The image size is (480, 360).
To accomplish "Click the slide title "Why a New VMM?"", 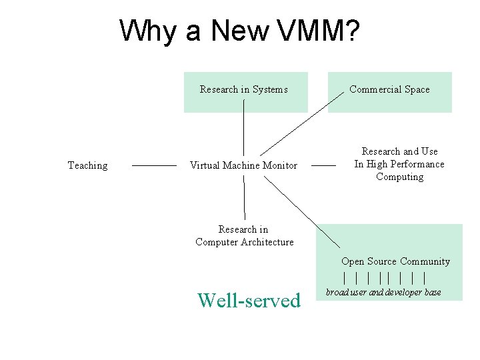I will pyautogui.click(x=240, y=31).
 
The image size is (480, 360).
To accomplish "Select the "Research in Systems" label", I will pyautogui.click(x=243, y=89).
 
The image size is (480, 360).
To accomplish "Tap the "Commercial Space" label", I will pyautogui.click(x=389, y=89).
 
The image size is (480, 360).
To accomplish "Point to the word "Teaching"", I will pyautogui.click(x=87, y=165).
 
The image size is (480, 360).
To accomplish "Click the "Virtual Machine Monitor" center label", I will pyautogui.click(x=243, y=165).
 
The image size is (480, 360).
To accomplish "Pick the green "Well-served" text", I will pyautogui.click(x=249, y=301).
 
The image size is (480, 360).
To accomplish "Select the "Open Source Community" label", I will pyautogui.click(x=395, y=261).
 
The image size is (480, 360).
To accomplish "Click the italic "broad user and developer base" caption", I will pyautogui.click(x=383, y=292).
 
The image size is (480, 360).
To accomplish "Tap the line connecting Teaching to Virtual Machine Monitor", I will pyautogui.click(x=154, y=165).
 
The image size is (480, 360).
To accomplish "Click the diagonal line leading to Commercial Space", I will pyautogui.click(x=300, y=126).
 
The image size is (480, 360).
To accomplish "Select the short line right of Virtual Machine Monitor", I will pyautogui.click(x=323, y=165).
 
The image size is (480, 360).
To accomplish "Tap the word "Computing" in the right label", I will pyautogui.click(x=399, y=177).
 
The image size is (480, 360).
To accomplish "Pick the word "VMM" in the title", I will pyautogui.click(x=307, y=31).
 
